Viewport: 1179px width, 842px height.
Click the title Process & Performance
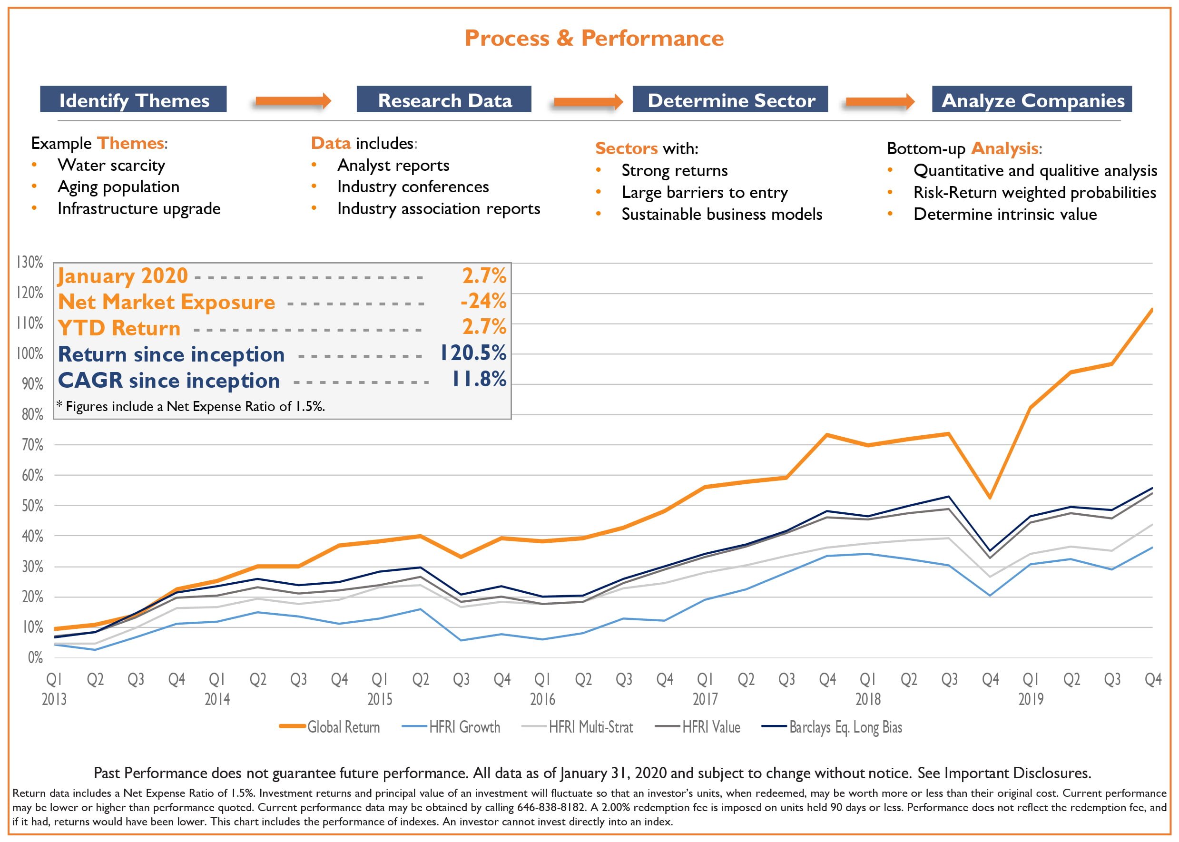click(594, 39)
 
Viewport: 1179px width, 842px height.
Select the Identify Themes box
click(133, 99)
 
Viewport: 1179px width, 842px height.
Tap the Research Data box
click(444, 99)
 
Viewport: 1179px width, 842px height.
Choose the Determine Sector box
click(730, 99)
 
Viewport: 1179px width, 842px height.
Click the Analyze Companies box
click(1032, 99)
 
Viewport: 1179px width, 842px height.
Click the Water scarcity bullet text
click(111, 166)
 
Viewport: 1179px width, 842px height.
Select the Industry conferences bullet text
click(413, 186)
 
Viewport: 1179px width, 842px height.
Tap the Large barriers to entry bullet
click(704, 192)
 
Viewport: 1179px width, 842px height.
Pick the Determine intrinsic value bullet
click(1005, 214)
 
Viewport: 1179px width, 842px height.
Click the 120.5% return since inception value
click(473, 353)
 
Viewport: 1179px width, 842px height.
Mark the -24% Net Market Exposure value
click(483, 301)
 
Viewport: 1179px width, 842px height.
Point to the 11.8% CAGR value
click(479, 380)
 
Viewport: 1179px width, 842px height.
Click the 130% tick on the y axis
click(30, 262)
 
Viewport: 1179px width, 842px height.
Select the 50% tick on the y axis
click(32, 506)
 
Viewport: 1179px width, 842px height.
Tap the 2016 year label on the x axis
click(542, 699)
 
